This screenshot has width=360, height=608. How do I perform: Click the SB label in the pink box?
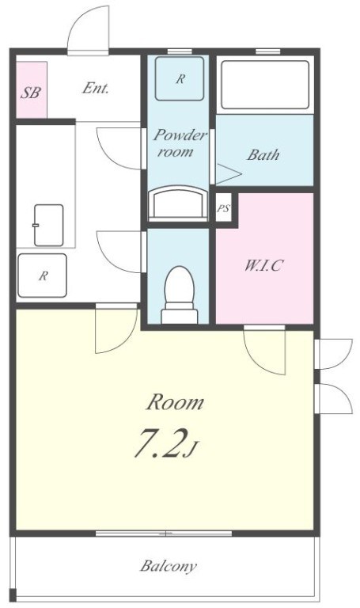coord(31,93)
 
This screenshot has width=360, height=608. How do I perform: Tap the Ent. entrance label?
coord(95,89)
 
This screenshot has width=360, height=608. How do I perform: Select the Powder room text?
coord(179,143)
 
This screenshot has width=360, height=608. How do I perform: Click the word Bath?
coord(263,154)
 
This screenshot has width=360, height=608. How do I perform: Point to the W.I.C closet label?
coord(264,265)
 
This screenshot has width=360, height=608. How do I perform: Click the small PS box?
coord(223,208)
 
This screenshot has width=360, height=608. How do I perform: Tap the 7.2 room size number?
coord(158,443)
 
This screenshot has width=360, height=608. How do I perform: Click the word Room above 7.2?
coord(175,402)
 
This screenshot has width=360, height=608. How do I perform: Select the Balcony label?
coord(169,567)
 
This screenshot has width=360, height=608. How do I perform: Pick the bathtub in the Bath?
coord(265,85)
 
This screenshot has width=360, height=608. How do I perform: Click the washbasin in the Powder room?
coord(179,203)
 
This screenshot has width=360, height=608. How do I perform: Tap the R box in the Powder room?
coord(180,78)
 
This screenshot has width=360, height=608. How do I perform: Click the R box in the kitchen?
coord(43,275)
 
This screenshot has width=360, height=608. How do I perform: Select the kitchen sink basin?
coord(49,226)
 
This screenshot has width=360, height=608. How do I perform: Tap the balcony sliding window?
coord(164,534)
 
